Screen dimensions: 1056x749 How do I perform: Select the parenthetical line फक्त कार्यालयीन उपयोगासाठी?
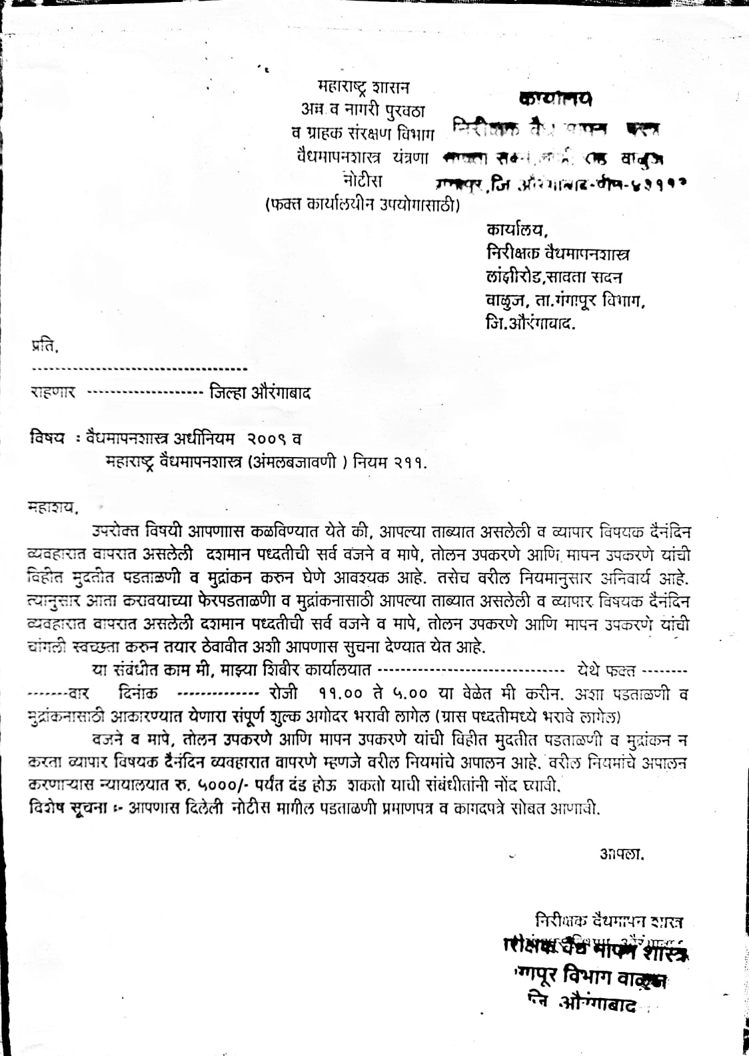pos(363,205)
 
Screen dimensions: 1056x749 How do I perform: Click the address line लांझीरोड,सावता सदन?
pos(554,277)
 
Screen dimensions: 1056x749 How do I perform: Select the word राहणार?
pos(53,392)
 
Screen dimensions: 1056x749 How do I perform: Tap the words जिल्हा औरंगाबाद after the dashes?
pos(259,392)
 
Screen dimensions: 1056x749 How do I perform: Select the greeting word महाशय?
pos(53,508)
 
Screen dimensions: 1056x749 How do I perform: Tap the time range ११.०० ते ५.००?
pos(373,693)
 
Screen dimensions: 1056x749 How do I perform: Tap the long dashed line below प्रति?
pos(139,368)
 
